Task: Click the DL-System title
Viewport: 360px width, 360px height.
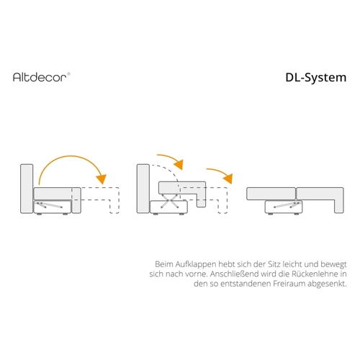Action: click(x=316, y=78)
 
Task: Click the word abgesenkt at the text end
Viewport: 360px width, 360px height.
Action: click(x=327, y=284)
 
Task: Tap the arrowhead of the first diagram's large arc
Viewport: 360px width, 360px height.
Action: click(x=102, y=179)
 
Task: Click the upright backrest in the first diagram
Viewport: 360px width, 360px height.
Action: click(x=27, y=189)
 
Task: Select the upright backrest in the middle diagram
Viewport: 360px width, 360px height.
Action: click(x=143, y=189)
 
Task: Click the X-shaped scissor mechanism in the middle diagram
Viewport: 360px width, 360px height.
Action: click(x=170, y=200)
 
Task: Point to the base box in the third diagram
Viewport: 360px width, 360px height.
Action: click(x=284, y=207)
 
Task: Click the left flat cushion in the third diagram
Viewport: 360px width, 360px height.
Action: click(x=271, y=194)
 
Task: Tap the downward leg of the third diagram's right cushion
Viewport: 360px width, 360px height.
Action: click(x=339, y=206)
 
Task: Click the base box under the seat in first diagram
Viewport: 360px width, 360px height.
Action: click(x=53, y=207)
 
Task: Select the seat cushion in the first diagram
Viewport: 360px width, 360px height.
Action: click(x=53, y=194)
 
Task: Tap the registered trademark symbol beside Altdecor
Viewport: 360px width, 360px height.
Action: click(x=68, y=73)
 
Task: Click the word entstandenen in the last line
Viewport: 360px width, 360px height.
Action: click(x=246, y=284)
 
